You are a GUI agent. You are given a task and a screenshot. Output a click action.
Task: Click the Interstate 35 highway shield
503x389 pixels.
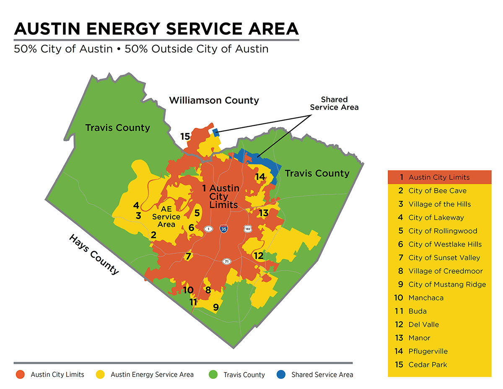click(x=224, y=229)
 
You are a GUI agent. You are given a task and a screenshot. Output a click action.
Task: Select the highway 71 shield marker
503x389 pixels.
click(x=227, y=261)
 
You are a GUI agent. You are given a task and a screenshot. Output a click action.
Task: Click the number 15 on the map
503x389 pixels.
click(x=185, y=136)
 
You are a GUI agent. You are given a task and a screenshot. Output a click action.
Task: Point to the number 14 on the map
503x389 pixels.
click(x=260, y=177)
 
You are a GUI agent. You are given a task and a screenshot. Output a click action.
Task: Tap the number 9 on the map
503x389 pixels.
click(x=216, y=308)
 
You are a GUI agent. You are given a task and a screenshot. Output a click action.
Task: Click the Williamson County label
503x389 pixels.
click(x=214, y=101)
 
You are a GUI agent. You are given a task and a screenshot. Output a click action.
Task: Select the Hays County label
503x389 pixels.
click(x=94, y=254)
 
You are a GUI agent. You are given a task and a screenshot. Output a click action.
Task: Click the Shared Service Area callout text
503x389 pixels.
click(x=334, y=103)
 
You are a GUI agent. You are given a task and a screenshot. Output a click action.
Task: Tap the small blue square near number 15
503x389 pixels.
click(x=216, y=133)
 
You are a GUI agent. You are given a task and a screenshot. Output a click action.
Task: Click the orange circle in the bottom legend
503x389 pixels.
click(x=20, y=374)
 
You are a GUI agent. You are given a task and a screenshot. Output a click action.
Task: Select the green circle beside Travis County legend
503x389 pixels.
click(x=213, y=374)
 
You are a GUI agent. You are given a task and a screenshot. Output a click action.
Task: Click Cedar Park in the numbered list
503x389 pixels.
click(x=428, y=365)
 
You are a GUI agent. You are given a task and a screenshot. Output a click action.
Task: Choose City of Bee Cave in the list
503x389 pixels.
click(x=437, y=191)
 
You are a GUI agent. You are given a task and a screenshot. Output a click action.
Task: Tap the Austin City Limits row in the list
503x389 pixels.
click(x=439, y=177)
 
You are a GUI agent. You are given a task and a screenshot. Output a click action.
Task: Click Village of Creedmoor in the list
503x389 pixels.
click(x=445, y=271)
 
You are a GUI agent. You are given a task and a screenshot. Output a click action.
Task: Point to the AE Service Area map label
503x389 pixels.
click(x=166, y=217)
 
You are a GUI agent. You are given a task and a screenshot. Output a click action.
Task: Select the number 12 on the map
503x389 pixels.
click(x=258, y=256)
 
